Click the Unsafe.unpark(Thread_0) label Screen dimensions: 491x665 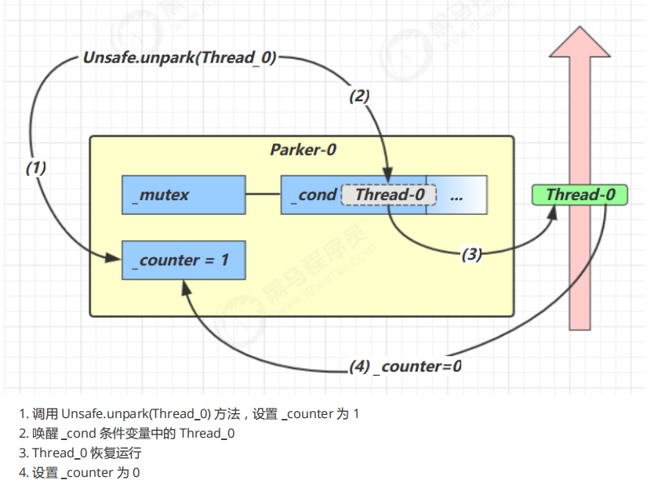coord(180,58)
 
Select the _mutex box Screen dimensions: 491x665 coord(184,195)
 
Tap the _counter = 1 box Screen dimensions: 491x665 coord(184,260)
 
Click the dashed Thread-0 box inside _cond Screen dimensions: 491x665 coord(383,195)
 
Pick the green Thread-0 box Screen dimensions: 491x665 coord(580,195)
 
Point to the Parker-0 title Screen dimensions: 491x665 coord(303,150)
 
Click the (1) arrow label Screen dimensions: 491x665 coord(36,167)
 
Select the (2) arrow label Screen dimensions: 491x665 coord(359,96)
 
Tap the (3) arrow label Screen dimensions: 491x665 coord(471,254)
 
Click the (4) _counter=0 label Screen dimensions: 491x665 coord(405,366)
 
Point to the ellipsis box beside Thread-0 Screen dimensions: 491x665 coord(456,195)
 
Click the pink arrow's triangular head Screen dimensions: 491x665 coord(580,44)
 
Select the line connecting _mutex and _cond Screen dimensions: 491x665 coord(263,195)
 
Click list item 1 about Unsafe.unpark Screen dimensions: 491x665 coord(189,413)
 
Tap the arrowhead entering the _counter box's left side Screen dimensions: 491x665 coord(114,256)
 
